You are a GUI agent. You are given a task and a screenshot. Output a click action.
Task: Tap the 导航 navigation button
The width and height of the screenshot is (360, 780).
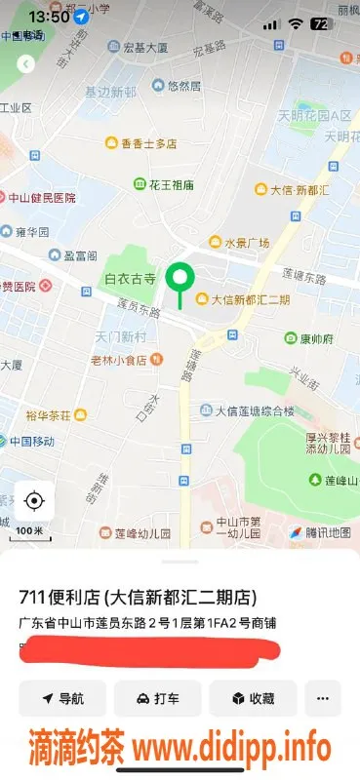coord(61,698)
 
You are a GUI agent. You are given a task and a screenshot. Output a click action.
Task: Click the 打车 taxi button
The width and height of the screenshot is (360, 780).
coord(157,698)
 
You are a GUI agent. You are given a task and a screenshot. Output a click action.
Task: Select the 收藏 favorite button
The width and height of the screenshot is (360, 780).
coord(253,698)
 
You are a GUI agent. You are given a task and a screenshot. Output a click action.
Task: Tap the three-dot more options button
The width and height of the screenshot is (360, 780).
coord(323,698)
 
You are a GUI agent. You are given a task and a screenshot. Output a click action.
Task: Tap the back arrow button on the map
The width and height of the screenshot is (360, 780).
coord(26,64)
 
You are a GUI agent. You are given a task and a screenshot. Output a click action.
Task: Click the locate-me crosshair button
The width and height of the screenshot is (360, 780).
coord(34,501)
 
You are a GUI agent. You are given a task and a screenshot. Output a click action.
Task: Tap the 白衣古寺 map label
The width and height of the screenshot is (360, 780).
coord(131,279)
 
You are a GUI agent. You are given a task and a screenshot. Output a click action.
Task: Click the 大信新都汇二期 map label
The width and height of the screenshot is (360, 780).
coord(244,299)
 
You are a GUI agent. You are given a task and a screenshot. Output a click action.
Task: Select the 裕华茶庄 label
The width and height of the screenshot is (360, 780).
coord(49,415)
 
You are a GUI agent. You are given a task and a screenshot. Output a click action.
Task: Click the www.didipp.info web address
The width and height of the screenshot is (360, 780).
coord(231,749)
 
